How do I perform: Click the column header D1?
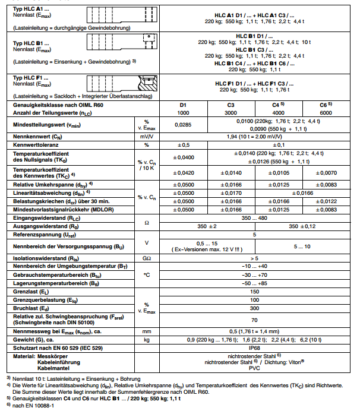point(183,105)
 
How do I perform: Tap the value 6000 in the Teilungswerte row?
point(325,112)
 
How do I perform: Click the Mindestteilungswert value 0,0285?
point(183,126)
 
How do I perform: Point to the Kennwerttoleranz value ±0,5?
point(183,145)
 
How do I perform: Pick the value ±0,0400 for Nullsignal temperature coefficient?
point(183,157)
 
